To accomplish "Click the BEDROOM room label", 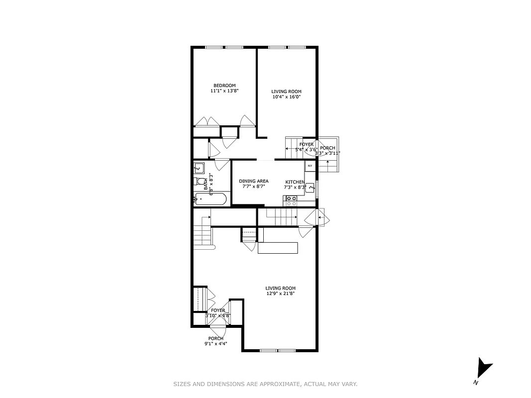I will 224,85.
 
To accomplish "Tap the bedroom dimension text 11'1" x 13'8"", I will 224,91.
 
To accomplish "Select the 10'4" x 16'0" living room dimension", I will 286,97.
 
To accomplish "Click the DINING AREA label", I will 253,181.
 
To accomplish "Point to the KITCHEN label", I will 295,182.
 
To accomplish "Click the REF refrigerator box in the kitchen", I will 310,166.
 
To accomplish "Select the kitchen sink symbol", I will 310,188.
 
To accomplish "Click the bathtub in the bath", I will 211,200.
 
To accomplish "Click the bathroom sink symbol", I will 199,168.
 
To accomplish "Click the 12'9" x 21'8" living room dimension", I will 281,294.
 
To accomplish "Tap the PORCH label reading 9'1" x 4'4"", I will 216,341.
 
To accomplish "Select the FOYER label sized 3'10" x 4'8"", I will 218,313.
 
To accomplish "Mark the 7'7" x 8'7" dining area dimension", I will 253,187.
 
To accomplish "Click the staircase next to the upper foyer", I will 294,145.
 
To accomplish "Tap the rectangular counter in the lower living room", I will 278,248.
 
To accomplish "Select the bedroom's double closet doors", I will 207,121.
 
